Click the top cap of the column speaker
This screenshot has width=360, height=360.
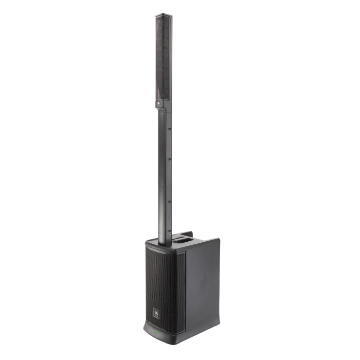(164, 15)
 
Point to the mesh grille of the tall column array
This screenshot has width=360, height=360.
(163, 57)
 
